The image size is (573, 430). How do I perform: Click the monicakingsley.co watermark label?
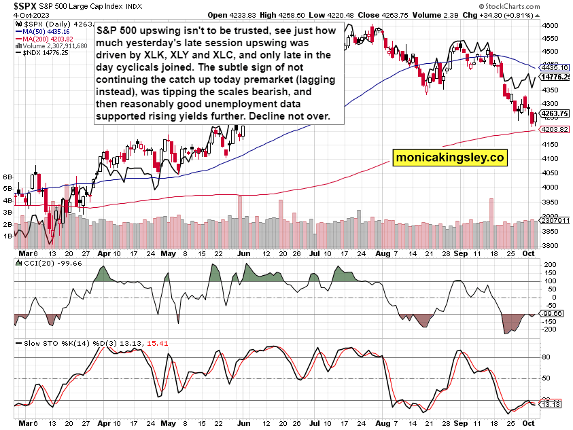point(450,158)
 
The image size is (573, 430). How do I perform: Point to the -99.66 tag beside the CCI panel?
point(555,313)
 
